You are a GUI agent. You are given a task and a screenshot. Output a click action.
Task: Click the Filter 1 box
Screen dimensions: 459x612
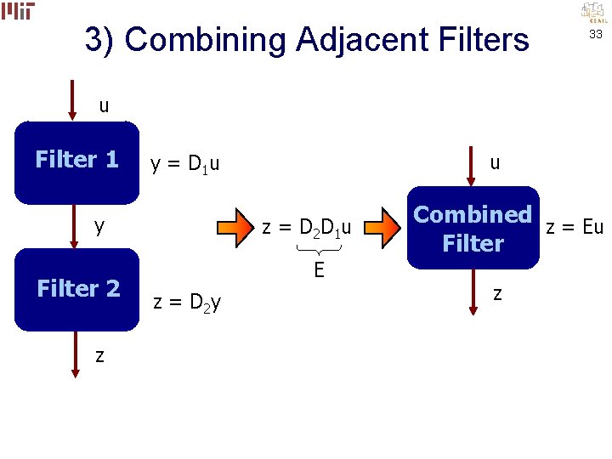(76, 162)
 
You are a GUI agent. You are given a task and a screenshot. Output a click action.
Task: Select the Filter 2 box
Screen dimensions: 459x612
(76, 289)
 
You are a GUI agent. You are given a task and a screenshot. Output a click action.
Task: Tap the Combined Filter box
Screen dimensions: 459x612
(473, 228)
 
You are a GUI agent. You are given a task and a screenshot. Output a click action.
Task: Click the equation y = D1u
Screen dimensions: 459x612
(184, 163)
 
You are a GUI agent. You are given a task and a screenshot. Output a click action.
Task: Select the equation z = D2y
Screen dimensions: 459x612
(186, 302)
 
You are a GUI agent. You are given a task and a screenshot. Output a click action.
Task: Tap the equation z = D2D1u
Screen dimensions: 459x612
(307, 227)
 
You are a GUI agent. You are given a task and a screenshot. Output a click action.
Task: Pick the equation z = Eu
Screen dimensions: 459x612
(575, 226)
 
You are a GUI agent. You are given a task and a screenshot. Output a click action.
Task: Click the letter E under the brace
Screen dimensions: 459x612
(318, 270)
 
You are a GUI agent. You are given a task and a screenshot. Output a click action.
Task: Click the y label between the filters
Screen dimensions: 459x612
(99, 226)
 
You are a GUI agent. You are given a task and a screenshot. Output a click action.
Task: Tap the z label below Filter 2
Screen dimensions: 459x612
(99, 355)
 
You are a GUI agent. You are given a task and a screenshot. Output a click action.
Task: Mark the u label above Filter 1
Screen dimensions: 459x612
(104, 106)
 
